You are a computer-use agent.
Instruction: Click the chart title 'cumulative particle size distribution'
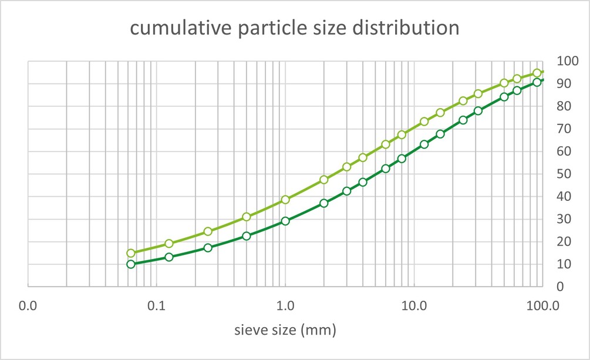294,28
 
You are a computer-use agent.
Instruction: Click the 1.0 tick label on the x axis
285,306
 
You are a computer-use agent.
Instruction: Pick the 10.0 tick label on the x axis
414,306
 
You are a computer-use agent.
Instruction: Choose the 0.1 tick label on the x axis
157,306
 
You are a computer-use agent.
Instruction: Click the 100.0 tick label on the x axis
542,306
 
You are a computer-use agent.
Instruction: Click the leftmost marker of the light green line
131,253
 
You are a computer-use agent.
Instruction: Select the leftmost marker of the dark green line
131,264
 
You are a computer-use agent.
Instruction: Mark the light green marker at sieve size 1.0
285,200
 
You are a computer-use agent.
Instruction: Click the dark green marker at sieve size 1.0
285,221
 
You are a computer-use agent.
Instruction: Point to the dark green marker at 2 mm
324,203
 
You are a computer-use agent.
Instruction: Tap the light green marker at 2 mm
324,180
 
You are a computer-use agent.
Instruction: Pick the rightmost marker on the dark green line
537,82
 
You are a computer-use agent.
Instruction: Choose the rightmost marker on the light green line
537,73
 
